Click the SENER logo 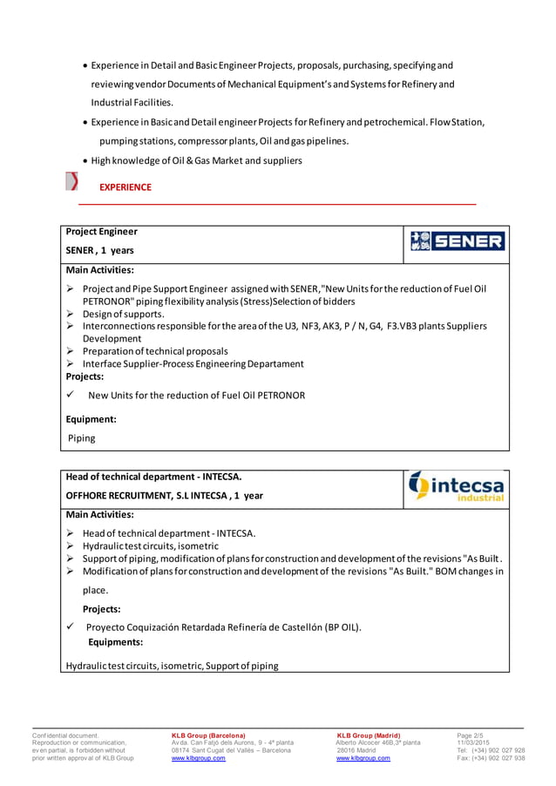(x=456, y=241)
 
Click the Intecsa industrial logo (x=456, y=486)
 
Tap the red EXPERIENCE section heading (x=125, y=187)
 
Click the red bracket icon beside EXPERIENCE (x=73, y=182)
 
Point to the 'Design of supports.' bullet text (x=123, y=314)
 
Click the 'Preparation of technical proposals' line (x=154, y=351)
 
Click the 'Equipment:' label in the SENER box (x=92, y=419)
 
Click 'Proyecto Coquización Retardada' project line (x=222, y=627)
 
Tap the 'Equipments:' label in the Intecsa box (x=115, y=642)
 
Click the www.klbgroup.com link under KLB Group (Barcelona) (x=199, y=758)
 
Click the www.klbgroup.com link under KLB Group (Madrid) (x=363, y=758)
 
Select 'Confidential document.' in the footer (x=65, y=735)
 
